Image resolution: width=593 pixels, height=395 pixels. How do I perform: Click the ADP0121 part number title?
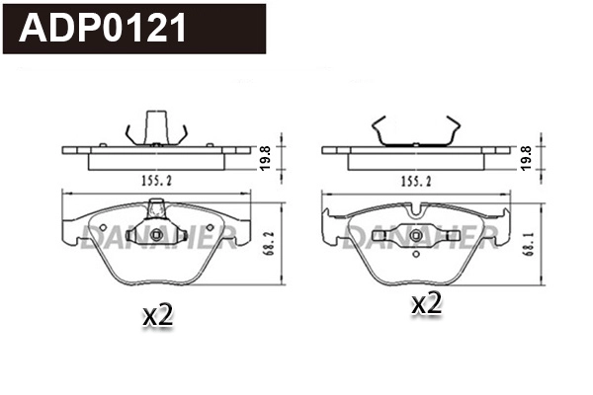click(104, 29)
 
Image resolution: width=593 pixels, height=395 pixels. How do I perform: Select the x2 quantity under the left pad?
click(158, 316)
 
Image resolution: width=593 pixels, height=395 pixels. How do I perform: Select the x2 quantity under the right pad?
click(426, 305)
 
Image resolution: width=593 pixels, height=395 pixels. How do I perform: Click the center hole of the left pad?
click(156, 235)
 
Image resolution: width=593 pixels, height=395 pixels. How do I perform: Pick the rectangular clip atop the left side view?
click(156, 126)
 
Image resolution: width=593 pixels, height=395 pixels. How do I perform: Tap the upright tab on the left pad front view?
click(156, 209)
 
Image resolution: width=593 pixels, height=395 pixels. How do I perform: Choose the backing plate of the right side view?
click(416, 151)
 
